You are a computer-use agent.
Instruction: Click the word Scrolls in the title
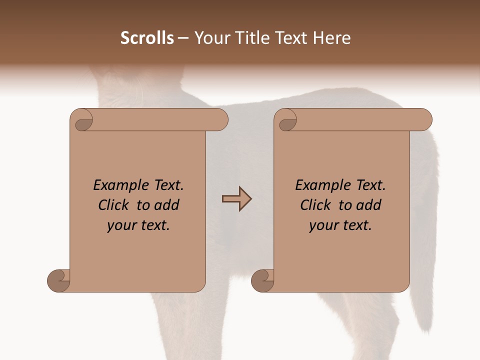(x=147, y=38)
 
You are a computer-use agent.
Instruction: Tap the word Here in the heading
(x=332, y=38)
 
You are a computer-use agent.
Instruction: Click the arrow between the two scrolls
(x=236, y=199)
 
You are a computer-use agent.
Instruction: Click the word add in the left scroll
(x=167, y=205)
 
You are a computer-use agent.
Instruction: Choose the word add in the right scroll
(x=369, y=205)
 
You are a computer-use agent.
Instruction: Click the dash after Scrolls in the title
(x=183, y=38)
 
